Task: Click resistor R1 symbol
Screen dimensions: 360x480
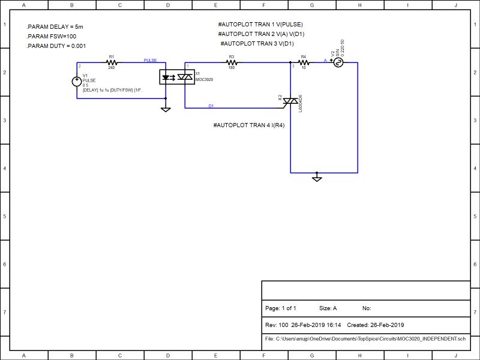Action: (111, 62)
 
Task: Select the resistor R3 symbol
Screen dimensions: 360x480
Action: (231, 62)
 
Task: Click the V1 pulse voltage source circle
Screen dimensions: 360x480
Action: (77, 82)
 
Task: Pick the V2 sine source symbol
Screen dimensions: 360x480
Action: (338, 62)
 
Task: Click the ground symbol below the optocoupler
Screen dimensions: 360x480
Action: (166, 109)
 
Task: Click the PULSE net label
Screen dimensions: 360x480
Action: (150, 61)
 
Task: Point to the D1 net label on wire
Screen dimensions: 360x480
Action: (211, 106)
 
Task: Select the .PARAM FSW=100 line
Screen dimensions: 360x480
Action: (52, 37)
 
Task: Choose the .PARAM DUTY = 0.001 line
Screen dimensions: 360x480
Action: (56, 46)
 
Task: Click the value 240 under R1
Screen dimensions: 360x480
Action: (111, 68)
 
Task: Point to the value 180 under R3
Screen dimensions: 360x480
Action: (231, 68)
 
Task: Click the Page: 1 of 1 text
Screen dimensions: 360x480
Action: (281, 308)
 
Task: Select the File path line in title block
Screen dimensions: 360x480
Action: (365, 339)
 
